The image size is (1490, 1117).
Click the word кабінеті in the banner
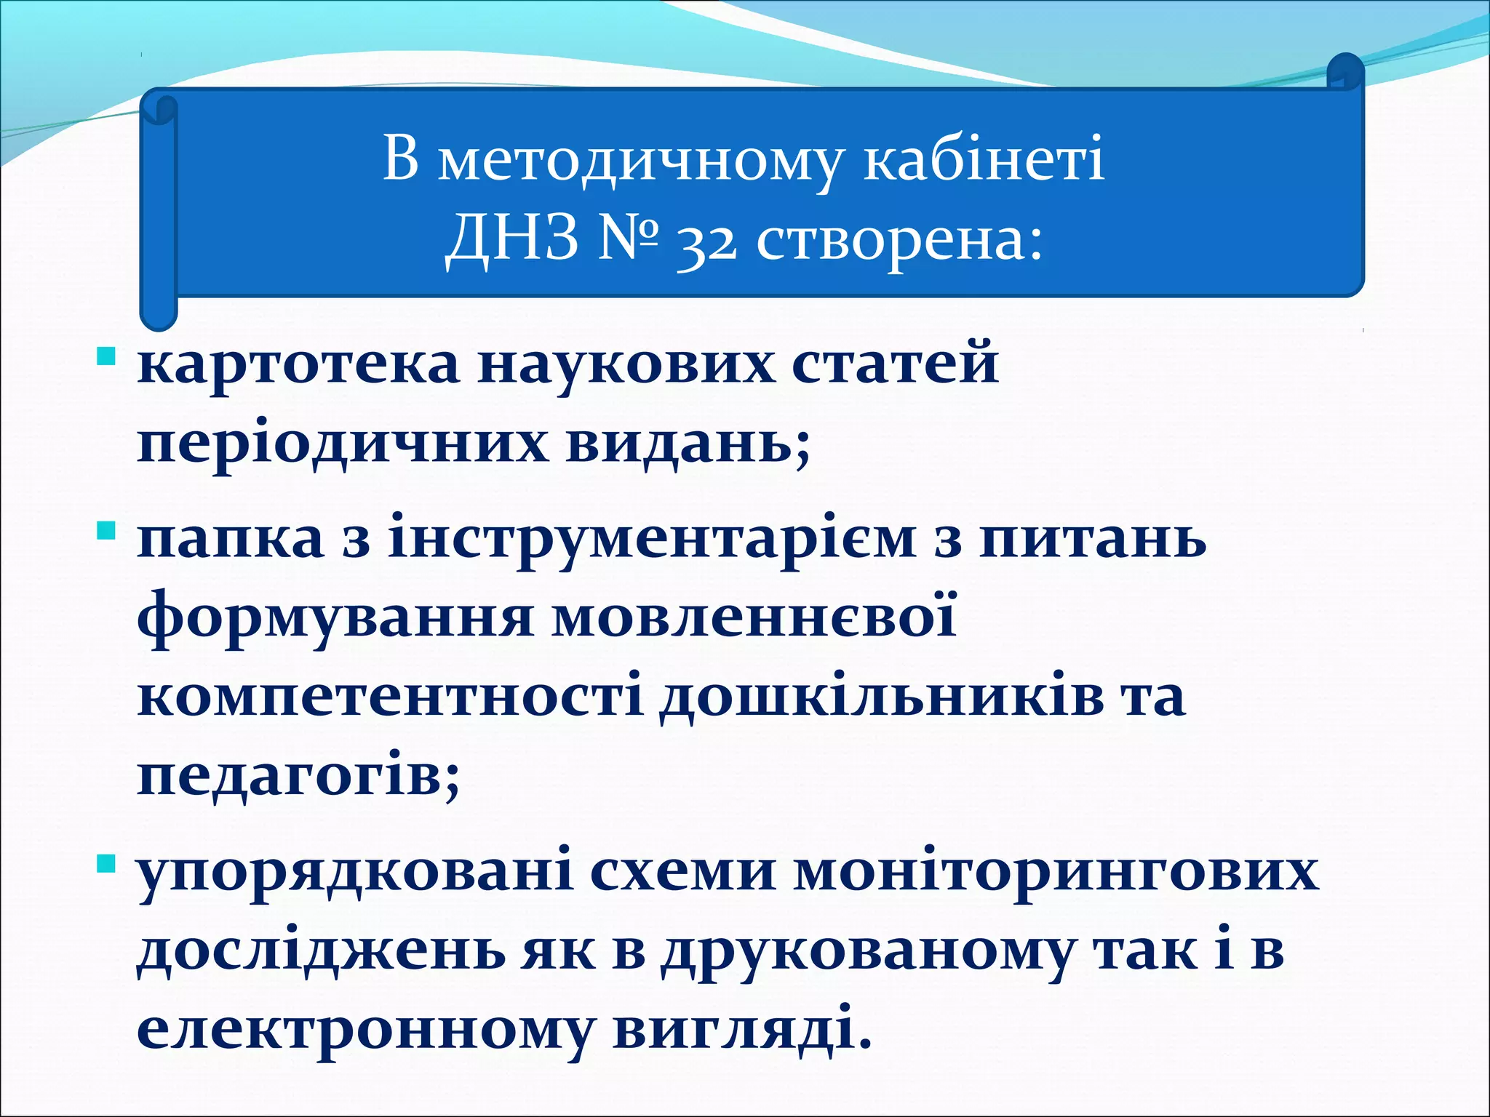tap(984, 159)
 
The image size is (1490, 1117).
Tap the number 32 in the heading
tap(706, 242)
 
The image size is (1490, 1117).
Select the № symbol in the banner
tap(628, 239)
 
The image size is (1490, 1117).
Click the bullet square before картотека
tap(106, 358)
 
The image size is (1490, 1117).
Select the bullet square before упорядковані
tap(106, 864)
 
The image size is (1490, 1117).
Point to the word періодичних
tap(342, 445)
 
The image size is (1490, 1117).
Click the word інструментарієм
tap(652, 541)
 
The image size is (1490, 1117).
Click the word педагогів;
tap(298, 777)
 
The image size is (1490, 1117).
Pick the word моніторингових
tap(1056, 873)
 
